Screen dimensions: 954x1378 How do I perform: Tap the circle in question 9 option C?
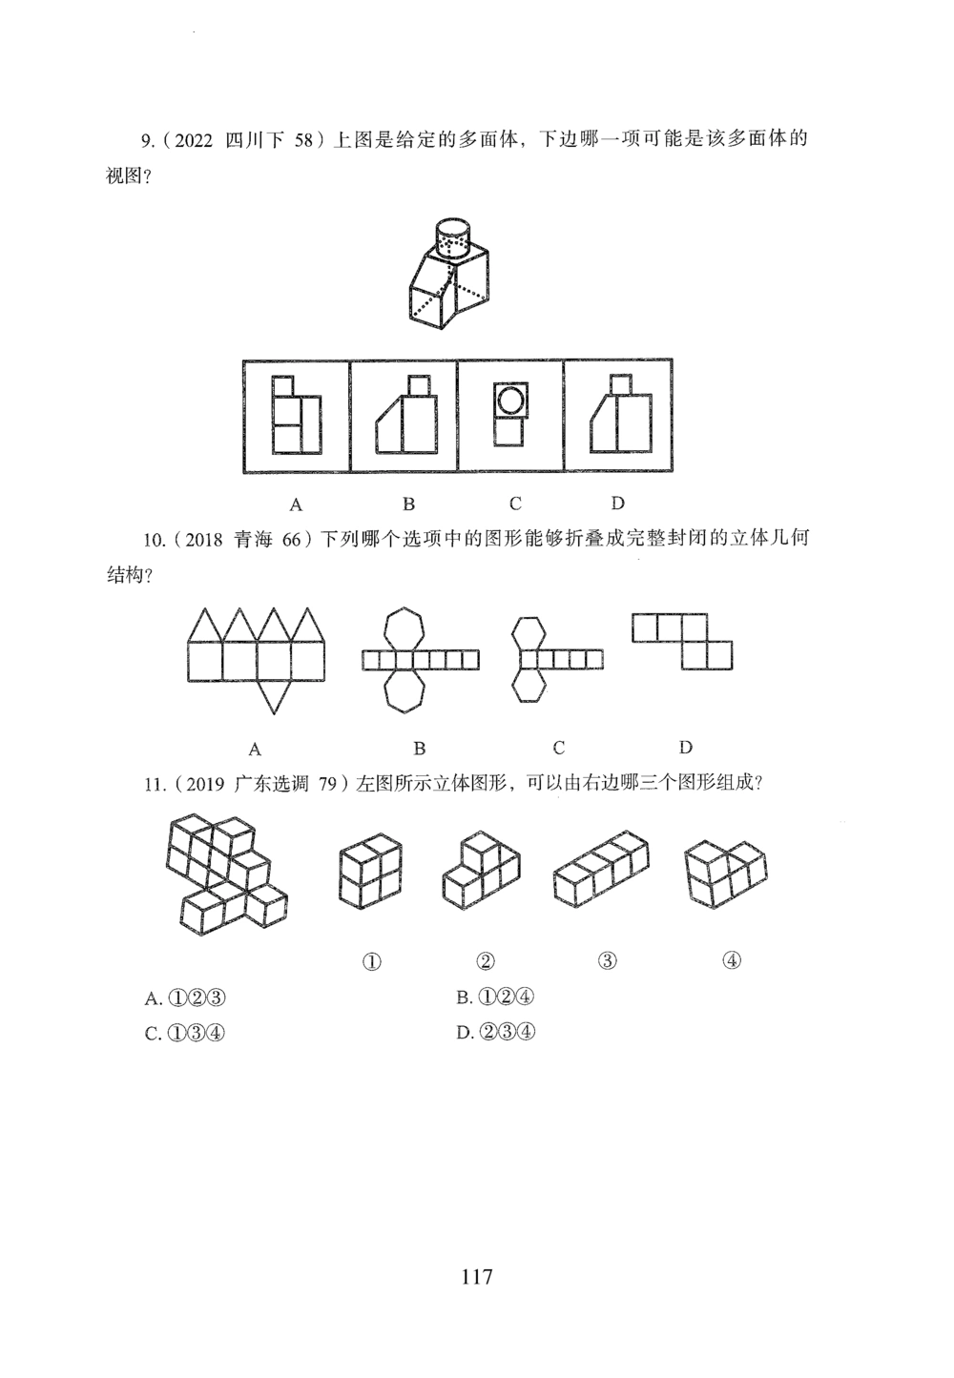coord(509,400)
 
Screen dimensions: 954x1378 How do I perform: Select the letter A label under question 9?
coord(296,504)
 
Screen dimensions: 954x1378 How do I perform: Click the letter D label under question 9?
coord(617,504)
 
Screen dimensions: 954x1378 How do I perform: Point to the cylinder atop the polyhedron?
coord(452,237)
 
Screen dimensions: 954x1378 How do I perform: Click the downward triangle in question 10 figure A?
coord(275,696)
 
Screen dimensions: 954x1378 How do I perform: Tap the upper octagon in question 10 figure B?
coord(404,628)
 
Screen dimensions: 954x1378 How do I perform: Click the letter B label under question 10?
coord(419,748)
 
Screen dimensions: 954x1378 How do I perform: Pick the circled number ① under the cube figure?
coord(372,961)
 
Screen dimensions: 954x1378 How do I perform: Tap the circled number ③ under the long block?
coord(607,960)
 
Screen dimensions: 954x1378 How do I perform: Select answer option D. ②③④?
coord(496,1031)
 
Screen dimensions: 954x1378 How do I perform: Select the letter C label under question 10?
coord(559,748)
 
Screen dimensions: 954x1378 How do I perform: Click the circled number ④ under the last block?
coord(732,960)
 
